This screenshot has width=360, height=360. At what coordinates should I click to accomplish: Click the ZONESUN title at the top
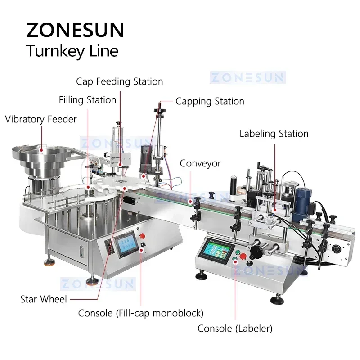click(x=75, y=29)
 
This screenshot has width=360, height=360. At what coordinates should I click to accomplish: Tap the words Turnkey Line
click(x=72, y=50)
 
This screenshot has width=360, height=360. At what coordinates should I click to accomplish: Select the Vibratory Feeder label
click(x=41, y=119)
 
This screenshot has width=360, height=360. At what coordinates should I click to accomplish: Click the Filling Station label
click(x=87, y=99)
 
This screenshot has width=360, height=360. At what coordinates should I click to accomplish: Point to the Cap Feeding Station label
click(x=119, y=81)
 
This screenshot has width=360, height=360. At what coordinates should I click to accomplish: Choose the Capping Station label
click(x=210, y=101)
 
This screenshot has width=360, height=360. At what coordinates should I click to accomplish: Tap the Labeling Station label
click(x=274, y=134)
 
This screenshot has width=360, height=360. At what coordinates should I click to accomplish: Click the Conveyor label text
click(x=200, y=163)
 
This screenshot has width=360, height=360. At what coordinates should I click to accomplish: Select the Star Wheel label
click(x=44, y=299)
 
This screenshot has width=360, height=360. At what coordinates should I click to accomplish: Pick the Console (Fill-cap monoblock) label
click(x=141, y=313)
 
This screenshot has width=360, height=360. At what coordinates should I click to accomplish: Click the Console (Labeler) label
click(x=235, y=328)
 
